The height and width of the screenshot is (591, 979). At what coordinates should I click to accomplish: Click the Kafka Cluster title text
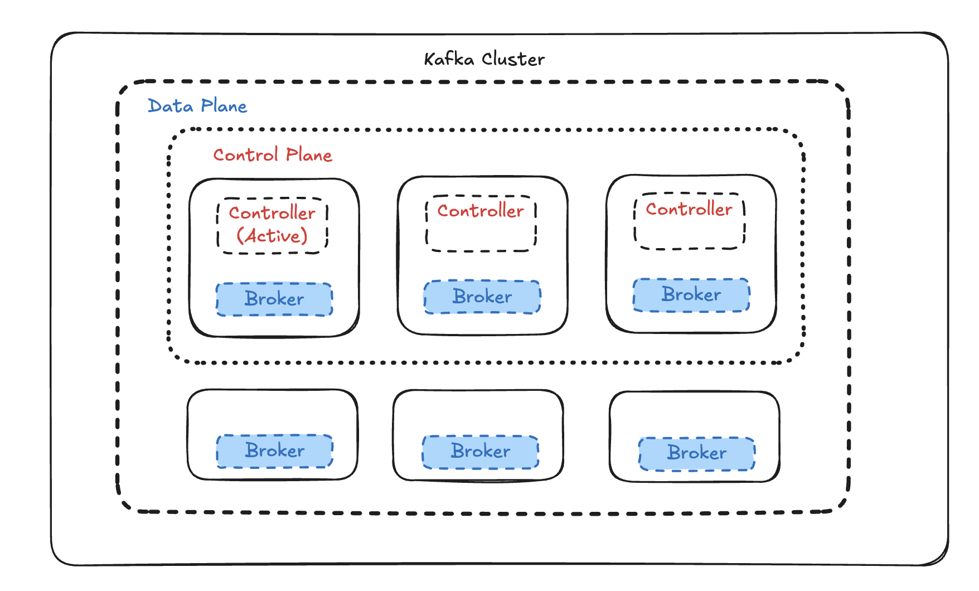[484, 59]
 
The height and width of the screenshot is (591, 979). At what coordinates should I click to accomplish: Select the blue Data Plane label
[197, 106]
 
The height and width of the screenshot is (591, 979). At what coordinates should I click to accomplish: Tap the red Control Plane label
[273, 155]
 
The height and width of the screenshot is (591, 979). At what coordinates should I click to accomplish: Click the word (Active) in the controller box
[272, 236]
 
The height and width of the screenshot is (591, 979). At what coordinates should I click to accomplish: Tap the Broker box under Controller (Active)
[274, 299]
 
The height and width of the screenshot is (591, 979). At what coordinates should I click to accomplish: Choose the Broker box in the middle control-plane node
[482, 297]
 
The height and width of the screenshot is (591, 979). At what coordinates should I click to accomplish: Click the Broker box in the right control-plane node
[691, 295]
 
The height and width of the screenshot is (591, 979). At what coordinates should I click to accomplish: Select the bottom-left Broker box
[275, 451]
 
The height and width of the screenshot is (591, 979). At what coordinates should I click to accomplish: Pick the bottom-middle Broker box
[481, 452]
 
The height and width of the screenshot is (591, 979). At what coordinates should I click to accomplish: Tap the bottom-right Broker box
[697, 453]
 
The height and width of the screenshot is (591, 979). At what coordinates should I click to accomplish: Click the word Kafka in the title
[449, 59]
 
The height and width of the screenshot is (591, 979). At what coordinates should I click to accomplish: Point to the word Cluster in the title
[513, 59]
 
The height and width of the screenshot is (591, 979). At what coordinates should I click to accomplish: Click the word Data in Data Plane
[170, 106]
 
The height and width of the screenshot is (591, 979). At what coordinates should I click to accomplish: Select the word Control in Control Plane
[245, 155]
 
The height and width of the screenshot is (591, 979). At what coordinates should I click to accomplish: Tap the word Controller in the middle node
[481, 211]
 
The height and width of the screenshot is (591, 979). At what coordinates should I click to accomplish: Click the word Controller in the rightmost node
[689, 209]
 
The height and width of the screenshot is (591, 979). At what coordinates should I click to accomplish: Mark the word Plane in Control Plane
[309, 155]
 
